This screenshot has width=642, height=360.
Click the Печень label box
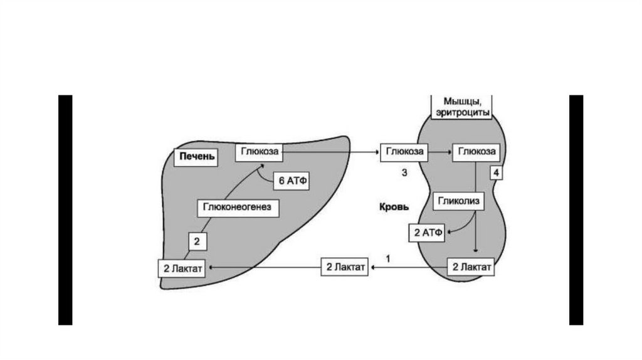pos(196,157)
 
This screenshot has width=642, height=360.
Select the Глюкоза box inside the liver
pos(259,152)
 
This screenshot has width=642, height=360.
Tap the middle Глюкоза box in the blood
pos(403,152)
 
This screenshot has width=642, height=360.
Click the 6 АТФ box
pos(291,180)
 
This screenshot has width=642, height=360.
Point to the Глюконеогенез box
pos(237,207)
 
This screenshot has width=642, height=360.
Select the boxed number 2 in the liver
pos(196,240)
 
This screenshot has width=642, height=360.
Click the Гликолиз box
pos(457,201)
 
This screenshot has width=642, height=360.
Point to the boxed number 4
pos(497,172)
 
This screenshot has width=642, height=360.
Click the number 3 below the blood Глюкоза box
pos(405,172)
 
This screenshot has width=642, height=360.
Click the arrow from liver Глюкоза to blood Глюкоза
pos(330,152)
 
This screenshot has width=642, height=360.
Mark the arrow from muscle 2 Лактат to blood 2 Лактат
pos(409,268)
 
